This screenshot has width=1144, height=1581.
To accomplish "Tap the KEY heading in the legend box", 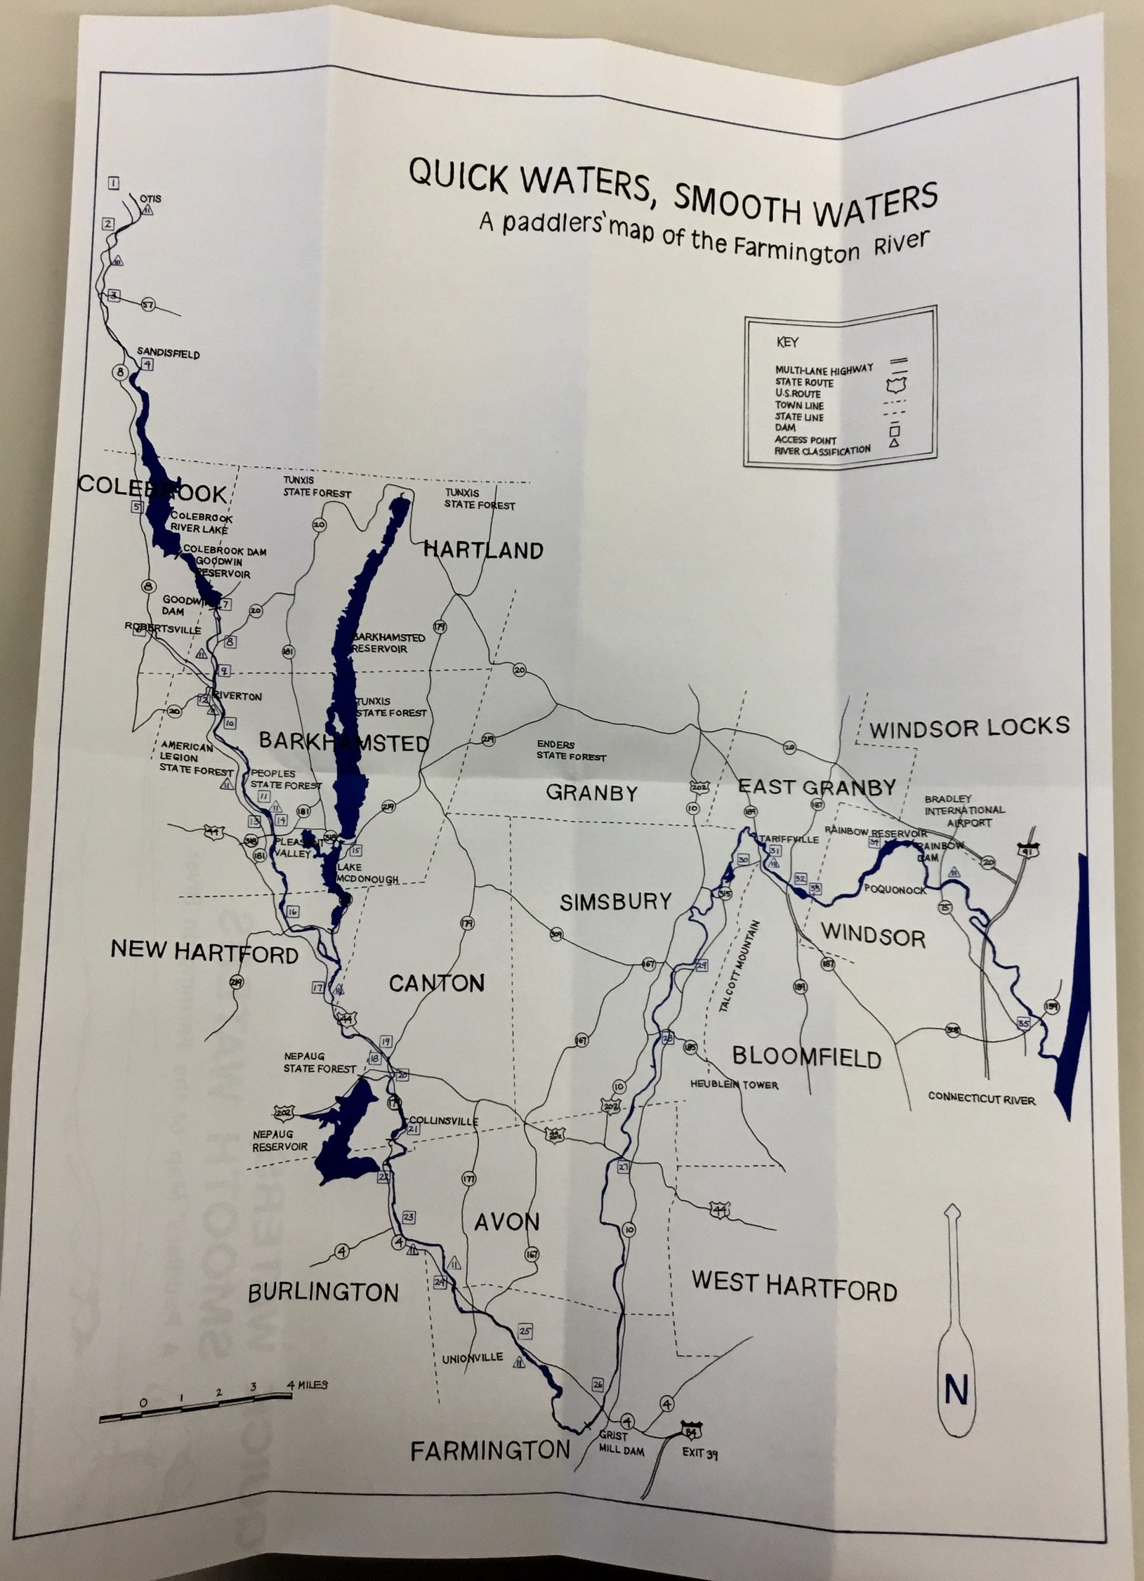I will click(x=787, y=342).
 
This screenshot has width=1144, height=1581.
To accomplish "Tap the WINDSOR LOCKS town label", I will click(x=969, y=728).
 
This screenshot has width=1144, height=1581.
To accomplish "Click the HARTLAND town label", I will click(x=483, y=550).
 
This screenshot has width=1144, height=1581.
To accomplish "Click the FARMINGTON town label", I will click(x=490, y=1451).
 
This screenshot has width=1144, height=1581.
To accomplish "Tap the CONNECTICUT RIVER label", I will click(x=981, y=1099).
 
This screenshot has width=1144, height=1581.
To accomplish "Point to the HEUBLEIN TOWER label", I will click(x=734, y=1084).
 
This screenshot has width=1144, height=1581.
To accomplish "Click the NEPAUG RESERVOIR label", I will click(x=281, y=1140).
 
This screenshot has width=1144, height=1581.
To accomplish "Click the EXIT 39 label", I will click(x=700, y=1453).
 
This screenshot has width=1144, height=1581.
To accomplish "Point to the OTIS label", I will click(x=150, y=199).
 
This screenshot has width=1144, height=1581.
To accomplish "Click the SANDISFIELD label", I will click(x=168, y=353).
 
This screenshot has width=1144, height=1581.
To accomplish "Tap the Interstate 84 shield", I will click(x=693, y=1425).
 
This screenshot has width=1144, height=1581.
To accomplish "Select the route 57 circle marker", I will click(x=148, y=304).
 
